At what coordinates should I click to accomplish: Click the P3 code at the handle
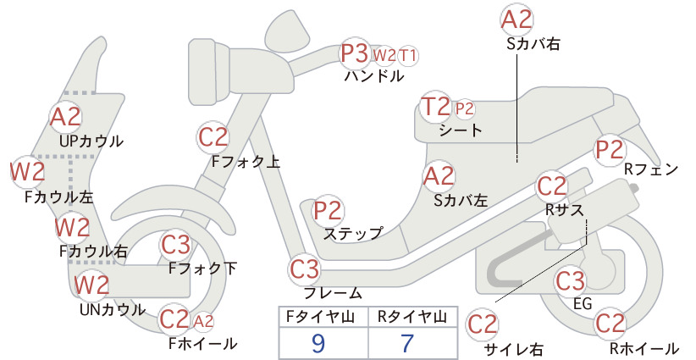click(x=355, y=53)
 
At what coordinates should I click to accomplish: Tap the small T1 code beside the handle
click(x=408, y=56)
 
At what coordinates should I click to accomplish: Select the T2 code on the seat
click(x=436, y=107)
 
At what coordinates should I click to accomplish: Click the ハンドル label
click(x=374, y=76)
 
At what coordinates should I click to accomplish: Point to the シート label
click(x=461, y=130)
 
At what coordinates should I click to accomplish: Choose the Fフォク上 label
click(x=246, y=162)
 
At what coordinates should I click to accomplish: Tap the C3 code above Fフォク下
click(x=176, y=245)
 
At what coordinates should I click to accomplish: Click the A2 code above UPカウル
click(x=66, y=117)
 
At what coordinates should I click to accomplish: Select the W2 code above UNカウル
click(x=91, y=285)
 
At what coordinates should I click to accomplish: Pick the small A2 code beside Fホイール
click(x=203, y=321)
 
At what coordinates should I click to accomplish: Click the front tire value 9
click(x=318, y=343)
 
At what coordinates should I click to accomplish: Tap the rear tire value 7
click(x=407, y=343)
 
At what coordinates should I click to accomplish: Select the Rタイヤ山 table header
click(x=412, y=317)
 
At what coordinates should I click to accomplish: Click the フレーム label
click(x=333, y=293)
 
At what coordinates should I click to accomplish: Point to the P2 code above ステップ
click(x=328, y=211)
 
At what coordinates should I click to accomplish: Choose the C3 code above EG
click(x=571, y=280)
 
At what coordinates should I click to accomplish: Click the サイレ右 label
click(x=514, y=350)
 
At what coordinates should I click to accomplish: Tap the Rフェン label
click(x=651, y=169)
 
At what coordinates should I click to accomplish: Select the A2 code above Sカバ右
click(x=516, y=20)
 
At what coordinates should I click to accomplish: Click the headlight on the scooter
click(x=209, y=71)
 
